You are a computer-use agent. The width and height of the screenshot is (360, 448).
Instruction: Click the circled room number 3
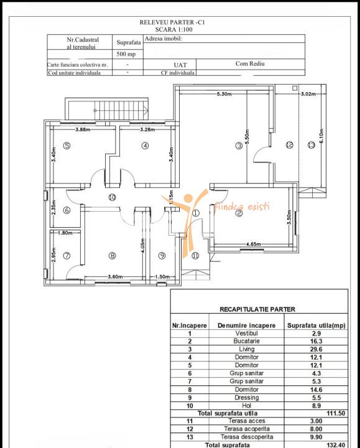[x=239, y=146]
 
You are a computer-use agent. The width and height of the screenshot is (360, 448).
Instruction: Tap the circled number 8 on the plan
[x=112, y=256]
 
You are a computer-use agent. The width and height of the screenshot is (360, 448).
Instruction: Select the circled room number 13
[x=311, y=145]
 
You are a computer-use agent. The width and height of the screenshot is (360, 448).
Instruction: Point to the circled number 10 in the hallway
[x=112, y=197]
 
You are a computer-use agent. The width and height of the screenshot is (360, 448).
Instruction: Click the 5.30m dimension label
[x=224, y=94]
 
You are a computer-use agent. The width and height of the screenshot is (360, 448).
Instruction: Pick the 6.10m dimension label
[x=321, y=136]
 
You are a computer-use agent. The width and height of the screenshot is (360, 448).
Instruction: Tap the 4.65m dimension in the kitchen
[x=253, y=244]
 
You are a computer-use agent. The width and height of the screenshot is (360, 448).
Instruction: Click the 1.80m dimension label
[x=65, y=233]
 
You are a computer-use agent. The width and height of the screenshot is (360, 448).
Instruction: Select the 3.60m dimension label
[x=115, y=276]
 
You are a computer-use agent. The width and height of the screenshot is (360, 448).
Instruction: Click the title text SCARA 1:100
[x=174, y=29]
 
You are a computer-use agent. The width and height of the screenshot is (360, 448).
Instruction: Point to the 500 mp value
[x=126, y=54]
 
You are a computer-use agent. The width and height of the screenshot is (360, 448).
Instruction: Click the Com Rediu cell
[x=250, y=63]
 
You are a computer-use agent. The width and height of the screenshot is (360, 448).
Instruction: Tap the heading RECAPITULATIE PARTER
[x=257, y=309]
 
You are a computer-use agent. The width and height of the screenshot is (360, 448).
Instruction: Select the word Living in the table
[x=247, y=349]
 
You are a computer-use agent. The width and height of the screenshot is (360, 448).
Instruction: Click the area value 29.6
[x=316, y=350]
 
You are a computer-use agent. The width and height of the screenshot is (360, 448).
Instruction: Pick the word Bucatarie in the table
[x=247, y=341]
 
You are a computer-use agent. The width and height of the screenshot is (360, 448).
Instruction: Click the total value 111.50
[x=336, y=413]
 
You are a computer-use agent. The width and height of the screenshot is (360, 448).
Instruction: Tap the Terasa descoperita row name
[x=247, y=437]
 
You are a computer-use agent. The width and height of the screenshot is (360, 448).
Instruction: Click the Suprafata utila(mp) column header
[x=316, y=325]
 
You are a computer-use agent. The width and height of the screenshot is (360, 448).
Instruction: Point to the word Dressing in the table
[x=247, y=398]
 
